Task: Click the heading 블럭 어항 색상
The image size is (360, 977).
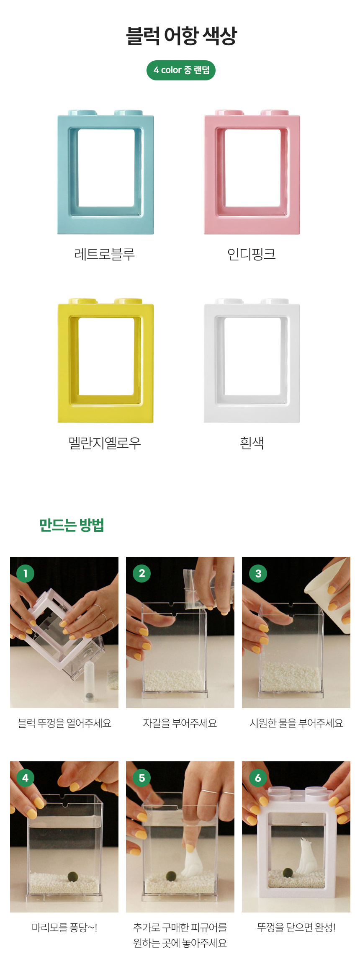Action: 181,36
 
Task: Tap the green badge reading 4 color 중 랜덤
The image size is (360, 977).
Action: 181,70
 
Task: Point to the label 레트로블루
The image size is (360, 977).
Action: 105,254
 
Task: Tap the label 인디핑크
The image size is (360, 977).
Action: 252,254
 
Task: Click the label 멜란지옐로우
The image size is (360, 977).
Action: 105,443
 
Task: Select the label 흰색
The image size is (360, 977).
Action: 252,443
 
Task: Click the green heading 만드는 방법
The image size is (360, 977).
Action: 72,525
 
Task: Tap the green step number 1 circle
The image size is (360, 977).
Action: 25,573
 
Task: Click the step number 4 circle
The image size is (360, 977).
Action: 25,778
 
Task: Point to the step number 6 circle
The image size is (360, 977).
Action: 258,778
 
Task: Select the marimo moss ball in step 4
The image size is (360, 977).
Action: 73,876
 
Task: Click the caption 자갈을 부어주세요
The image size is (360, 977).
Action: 180,723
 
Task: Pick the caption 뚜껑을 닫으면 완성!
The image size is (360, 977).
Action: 296,928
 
